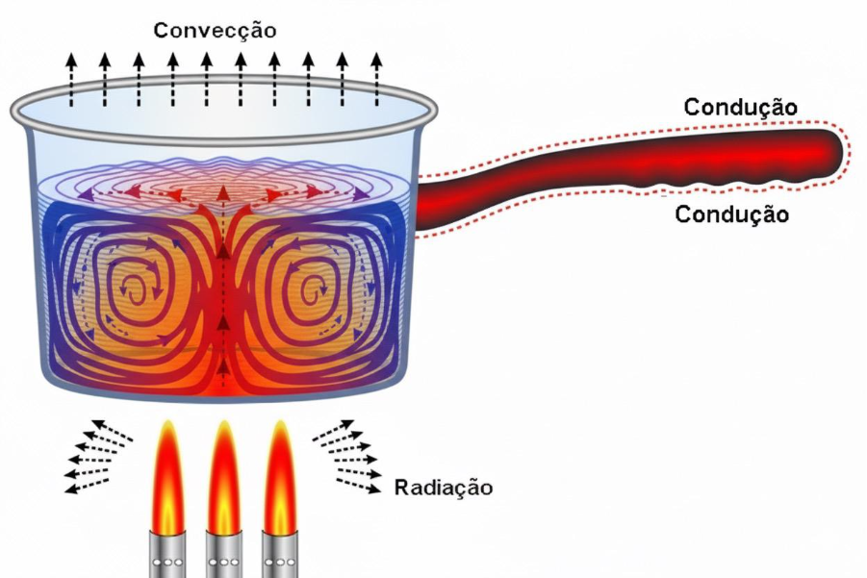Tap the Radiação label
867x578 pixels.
click(x=444, y=488)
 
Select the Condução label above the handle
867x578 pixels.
click(x=740, y=107)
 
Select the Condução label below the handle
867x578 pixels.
click(x=731, y=214)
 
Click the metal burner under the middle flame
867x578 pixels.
click(x=224, y=555)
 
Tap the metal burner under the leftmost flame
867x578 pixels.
click(x=167, y=555)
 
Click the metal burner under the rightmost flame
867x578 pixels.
click(x=281, y=555)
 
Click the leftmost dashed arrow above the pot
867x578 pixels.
click(x=70, y=77)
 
